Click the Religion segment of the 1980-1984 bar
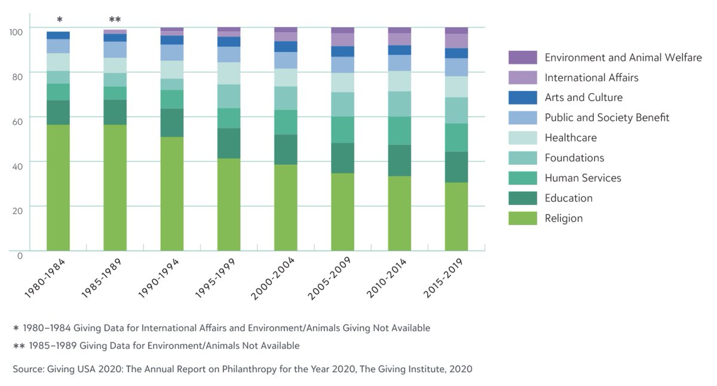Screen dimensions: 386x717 58,188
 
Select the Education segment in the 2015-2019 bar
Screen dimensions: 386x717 456,167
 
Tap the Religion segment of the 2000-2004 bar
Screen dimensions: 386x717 286,207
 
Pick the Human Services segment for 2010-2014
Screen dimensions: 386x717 400,131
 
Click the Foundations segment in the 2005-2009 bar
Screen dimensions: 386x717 342,105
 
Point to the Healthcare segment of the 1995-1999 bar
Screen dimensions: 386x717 229,73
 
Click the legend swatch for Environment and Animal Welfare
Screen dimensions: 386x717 522,57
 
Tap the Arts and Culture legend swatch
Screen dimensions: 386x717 522,97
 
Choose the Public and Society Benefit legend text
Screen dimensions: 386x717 606,118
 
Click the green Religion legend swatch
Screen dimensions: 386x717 522,218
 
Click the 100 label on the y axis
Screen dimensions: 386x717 17,31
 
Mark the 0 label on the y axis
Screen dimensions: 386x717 20,255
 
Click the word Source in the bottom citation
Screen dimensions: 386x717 28,369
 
